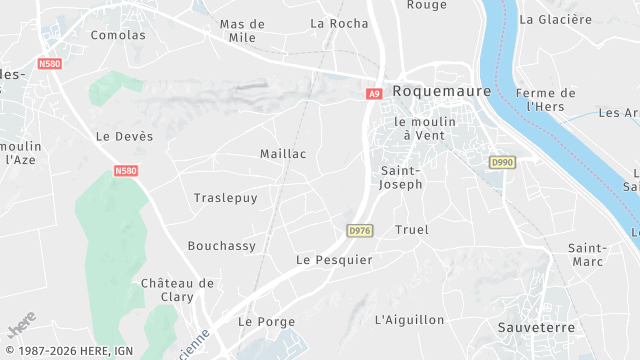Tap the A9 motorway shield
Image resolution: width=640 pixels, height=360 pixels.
374,94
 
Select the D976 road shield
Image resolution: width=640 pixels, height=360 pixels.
360,230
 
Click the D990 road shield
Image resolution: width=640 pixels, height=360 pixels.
502,161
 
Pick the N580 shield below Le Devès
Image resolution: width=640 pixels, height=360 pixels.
125,171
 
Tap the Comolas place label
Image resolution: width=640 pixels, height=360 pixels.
118,35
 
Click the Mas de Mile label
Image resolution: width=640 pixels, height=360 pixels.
242,31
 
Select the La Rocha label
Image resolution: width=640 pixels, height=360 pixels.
339,23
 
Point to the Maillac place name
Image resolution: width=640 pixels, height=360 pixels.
283,154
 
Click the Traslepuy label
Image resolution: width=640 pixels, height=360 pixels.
225,198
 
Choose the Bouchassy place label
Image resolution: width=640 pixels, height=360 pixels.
221,246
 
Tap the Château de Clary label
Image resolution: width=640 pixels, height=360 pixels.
177,290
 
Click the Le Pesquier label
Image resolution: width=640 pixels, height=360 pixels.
334,260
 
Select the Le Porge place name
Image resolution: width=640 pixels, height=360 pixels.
261,322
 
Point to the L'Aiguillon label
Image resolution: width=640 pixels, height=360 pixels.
409,320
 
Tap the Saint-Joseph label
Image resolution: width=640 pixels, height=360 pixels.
401,177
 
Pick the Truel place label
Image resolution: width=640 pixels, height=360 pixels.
412,230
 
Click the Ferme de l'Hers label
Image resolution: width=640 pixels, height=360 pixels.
547,100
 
